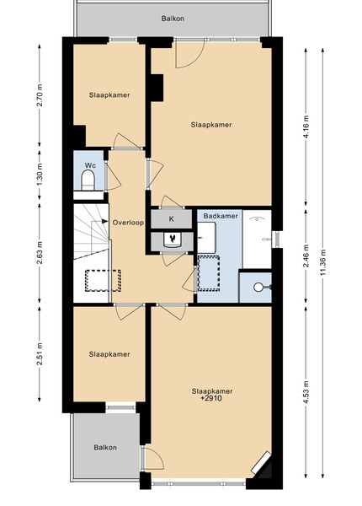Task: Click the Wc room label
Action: click(90, 165)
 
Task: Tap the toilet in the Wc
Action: click(88, 180)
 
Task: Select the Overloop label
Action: click(128, 223)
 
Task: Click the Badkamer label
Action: click(221, 216)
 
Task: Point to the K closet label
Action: click(172, 218)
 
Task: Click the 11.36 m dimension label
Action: click(323, 262)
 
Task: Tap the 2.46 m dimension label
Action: click(306, 256)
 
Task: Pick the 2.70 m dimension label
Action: click(40, 95)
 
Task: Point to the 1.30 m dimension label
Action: click(40, 175)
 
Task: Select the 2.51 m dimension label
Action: click(40, 354)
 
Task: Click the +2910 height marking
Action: click(211, 398)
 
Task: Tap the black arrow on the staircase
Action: click(104, 221)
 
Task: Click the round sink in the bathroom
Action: click(258, 287)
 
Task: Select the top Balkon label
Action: click(173, 19)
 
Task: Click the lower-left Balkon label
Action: click(105, 448)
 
